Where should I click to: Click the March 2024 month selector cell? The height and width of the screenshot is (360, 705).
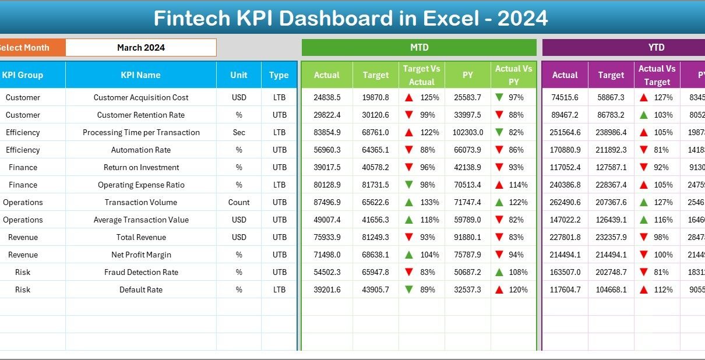(141, 48)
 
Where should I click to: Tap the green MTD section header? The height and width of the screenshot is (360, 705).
(419, 48)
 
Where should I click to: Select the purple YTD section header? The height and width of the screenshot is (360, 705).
(656, 48)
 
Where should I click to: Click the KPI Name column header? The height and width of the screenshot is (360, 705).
(140, 75)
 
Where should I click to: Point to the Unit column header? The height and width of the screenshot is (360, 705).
(239, 75)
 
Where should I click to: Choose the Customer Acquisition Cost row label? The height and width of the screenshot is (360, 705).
(141, 97)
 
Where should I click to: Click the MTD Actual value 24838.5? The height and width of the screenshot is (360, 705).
(327, 97)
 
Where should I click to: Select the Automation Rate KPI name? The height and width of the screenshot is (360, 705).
(141, 150)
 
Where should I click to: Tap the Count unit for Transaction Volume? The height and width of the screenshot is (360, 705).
(239, 202)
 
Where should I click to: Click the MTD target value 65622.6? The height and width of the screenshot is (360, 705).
(376, 202)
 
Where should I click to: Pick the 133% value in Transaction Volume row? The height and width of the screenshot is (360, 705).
(430, 202)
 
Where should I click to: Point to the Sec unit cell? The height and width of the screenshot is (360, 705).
(239, 132)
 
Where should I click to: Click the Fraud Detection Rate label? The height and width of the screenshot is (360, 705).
(141, 272)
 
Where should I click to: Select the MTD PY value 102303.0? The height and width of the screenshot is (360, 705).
(468, 132)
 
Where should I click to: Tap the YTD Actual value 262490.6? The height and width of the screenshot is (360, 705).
(565, 202)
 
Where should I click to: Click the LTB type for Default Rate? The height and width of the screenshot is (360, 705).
(279, 290)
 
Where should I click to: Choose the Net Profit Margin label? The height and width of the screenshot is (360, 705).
(141, 255)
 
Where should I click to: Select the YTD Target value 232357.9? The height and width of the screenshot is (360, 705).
(611, 237)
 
